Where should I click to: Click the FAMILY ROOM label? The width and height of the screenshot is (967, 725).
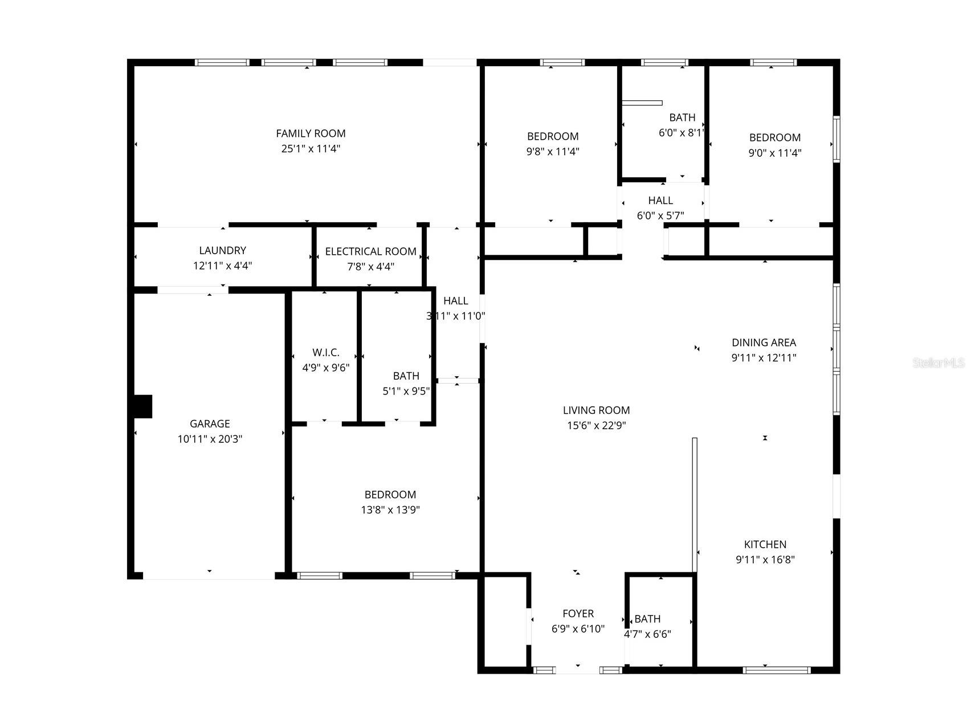click(x=311, y=133)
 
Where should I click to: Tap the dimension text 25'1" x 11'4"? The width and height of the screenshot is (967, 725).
click(x=311, y=149)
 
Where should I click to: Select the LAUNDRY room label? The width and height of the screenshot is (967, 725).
click(x=222, y=250)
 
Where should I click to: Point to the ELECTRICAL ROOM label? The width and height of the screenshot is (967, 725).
click(x=370, y=251)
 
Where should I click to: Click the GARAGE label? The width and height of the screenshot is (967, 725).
click(x=210, y=423)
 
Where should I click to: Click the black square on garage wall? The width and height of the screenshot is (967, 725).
click(x=142, y=406)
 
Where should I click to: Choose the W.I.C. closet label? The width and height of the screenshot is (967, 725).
click(x=325, y=353)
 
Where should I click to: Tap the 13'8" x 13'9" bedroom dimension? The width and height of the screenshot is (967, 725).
click(x=390, y=510)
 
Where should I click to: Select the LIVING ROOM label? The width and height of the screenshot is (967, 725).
click(x=596, y=410)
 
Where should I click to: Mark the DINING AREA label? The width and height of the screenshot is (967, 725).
click(x=764, y=343)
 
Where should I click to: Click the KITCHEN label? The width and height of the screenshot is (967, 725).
click(x=765, y=544)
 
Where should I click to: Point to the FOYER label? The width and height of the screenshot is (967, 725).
click(x=578, y=613)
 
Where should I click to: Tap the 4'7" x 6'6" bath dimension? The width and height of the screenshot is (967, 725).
click(x=647, y=634)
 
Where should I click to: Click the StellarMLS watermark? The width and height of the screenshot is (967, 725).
click(x=939, y=362)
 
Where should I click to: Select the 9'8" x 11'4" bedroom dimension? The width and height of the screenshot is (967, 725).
click(x=553, y=152)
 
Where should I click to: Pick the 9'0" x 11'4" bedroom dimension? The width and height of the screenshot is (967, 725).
click(x=774, y=153)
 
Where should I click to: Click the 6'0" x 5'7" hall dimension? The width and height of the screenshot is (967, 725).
click(x=660, y=215)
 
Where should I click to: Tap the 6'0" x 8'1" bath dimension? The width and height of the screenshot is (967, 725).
click(x=682, y=133)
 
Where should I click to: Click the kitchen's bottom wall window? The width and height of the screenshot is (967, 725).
click(x=776, y=670)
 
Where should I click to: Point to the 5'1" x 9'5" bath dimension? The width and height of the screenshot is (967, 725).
click(x=406, y=391)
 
